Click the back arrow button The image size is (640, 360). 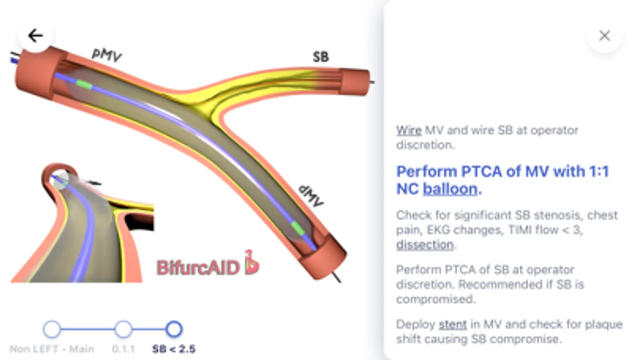pyautogui.click(x=35, y=36)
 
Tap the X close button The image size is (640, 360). pyautogui.click(x=604, y=36)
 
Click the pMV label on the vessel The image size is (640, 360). pyautogui.click(x=106, y=54)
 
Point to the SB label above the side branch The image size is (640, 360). pyautogui.click(x=321, y=57)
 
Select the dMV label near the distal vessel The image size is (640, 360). pyautogui.click(x=311, y=196)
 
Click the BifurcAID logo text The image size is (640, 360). pyautogui.click(x=198, y=268)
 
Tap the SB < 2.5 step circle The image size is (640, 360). pyautogui.click(x=174, y=329)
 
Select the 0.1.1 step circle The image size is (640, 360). pyautogui.click(x=123, y=329)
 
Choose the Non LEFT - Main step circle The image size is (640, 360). pyautogui.click(x=52, y=329)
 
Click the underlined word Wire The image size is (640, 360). pyautogui.click(x=409, y=130)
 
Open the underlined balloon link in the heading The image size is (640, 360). pyautogui.click(x=450, y=189)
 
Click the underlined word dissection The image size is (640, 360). pyautogui.click(x=425, y=244)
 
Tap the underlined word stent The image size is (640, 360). pyautogui.click(x=453, y=324)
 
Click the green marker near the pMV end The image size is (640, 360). pyautogui.click(x=84, y=84)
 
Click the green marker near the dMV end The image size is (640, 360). pyautogui.click(x=297, y=228)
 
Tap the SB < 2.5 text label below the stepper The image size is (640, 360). pyautogui.click(x=174, y=349)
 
